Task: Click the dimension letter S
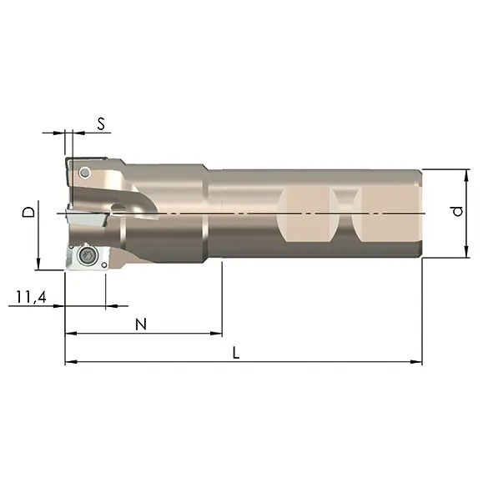(101, 123)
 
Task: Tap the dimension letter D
(29, 212)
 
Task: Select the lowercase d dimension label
(457, 211)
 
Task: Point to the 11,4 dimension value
(31, 297)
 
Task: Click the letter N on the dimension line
(141, 324)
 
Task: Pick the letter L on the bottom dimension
(236, 353)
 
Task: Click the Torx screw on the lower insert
(87, 255)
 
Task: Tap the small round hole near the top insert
(84, 173)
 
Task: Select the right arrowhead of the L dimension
(416, 362)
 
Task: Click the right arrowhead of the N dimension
(216, 334)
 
